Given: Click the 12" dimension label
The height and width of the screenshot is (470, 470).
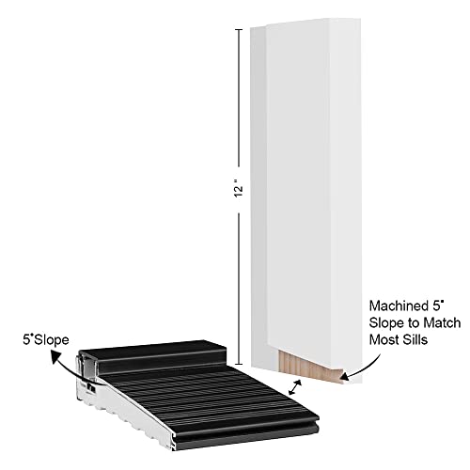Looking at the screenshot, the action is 239,188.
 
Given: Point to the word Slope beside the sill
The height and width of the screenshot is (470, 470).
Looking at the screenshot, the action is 52,340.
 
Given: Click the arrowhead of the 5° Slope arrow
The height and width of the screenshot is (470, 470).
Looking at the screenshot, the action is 55,357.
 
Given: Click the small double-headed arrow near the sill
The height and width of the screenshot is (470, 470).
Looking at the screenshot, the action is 295,387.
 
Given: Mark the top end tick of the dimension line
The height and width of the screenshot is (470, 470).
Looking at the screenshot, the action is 239,29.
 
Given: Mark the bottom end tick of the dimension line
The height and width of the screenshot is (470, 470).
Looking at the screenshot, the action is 239,365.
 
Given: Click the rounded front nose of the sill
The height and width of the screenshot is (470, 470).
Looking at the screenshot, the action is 247,431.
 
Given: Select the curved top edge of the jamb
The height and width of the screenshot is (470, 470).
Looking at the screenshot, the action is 313,22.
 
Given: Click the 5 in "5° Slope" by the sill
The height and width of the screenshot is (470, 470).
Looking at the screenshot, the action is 26,340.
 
